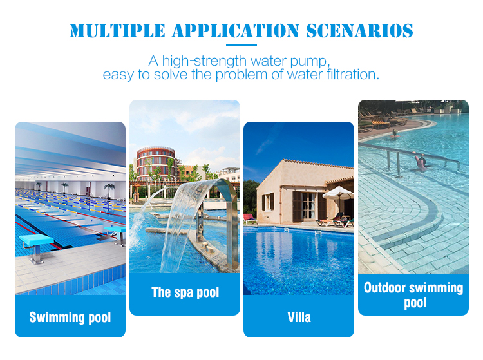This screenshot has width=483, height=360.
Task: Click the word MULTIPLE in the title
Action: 117,31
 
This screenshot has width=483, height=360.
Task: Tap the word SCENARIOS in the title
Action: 359,31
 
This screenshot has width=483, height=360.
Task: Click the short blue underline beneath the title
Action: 241,44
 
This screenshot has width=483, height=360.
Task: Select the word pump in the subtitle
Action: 310,62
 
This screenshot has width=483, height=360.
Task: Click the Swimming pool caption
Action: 70,317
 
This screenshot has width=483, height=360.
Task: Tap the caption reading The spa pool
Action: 185,292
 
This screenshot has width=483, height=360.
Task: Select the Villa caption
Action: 299,317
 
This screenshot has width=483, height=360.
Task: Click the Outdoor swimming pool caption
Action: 413,295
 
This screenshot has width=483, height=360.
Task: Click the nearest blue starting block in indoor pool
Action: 36,244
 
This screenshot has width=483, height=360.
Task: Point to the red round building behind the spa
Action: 156,164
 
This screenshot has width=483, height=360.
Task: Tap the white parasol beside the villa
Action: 338,193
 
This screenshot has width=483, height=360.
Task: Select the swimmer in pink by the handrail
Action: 421,163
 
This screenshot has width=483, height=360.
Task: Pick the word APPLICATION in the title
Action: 236,31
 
